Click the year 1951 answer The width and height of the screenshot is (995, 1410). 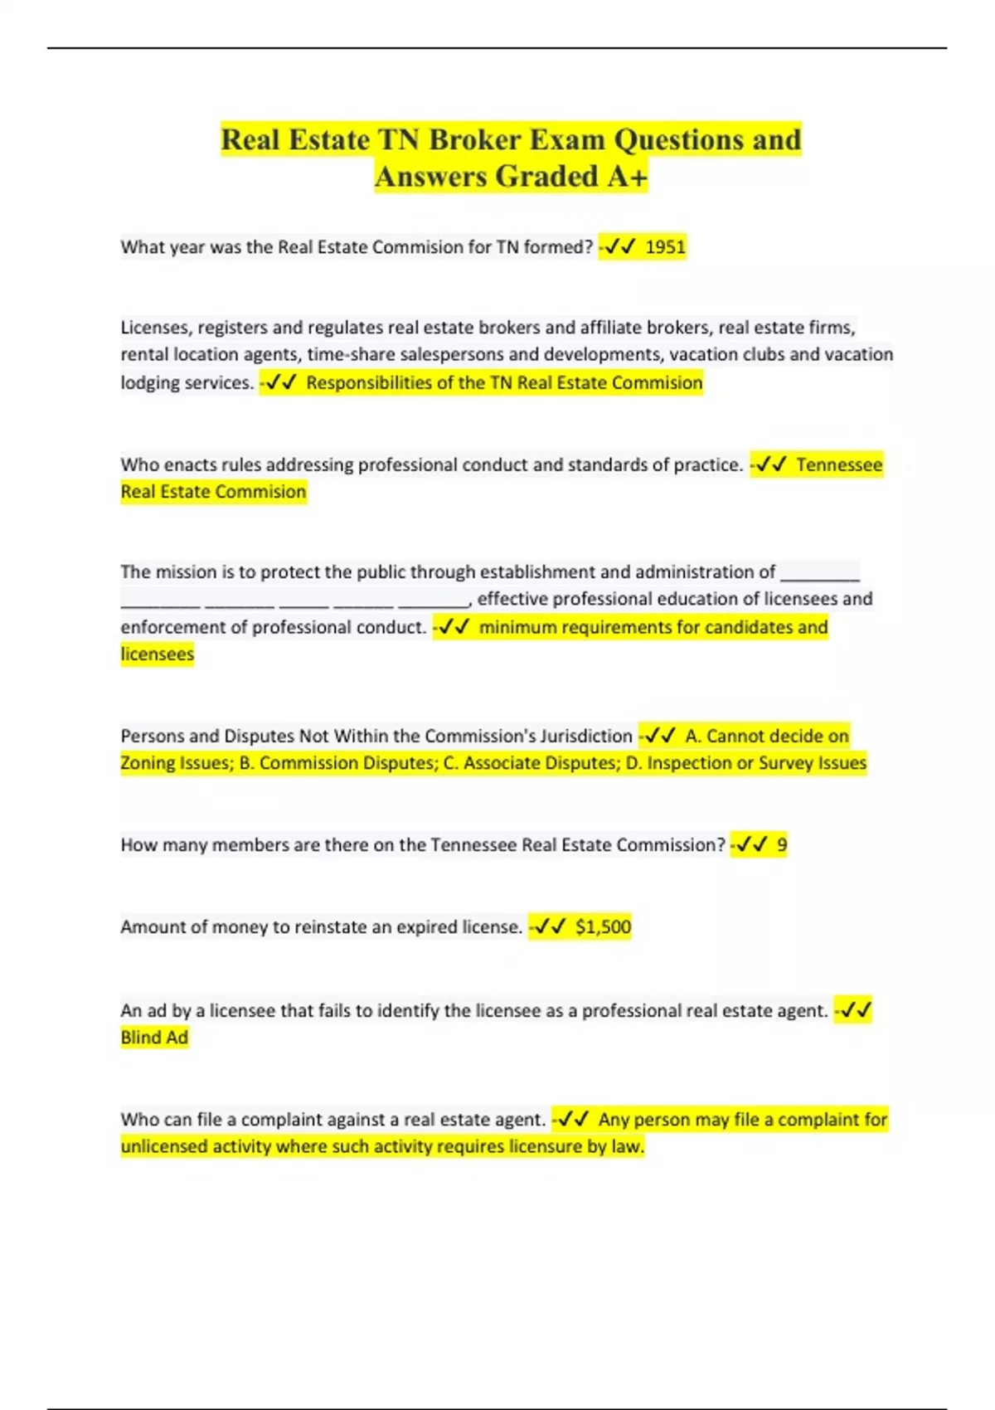665,247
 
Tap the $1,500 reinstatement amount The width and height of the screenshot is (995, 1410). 603,926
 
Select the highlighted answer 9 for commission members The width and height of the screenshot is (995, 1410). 782,845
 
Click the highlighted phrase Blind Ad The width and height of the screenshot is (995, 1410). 154,1038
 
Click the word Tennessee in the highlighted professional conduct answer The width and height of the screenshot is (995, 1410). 839,464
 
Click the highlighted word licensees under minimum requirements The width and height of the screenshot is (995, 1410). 157,654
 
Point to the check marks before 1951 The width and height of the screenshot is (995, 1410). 620,247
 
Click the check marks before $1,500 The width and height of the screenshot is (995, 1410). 551,926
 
